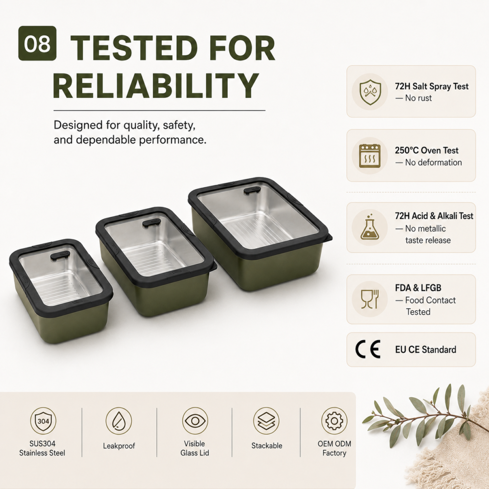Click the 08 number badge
coord(37,43)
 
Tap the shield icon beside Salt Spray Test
coord(370,92)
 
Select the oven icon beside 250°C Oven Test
coord(370,156)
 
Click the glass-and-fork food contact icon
coord(370,299)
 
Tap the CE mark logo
coord(368,349)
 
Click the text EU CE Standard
coord(425,350)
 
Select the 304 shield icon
coord(43,421)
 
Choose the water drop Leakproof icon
coord(119,421)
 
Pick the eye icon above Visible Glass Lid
coord(195,421)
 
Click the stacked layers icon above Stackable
coord(266,421)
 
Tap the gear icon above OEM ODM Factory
coord(334,421)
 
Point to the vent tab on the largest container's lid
coord(252,190)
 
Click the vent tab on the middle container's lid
coord(152,223)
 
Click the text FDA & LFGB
coord(418,287)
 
